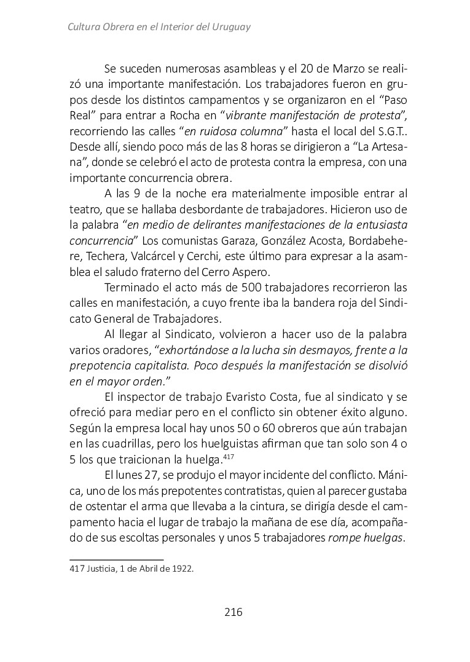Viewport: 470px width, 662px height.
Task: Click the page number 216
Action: pyautogui.click(x=233, y=612)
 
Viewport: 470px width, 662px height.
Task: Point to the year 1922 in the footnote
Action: pyautogui.click(x=182, y=569)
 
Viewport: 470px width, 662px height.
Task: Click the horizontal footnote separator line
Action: pyautogui.click(x=116, y=559)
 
